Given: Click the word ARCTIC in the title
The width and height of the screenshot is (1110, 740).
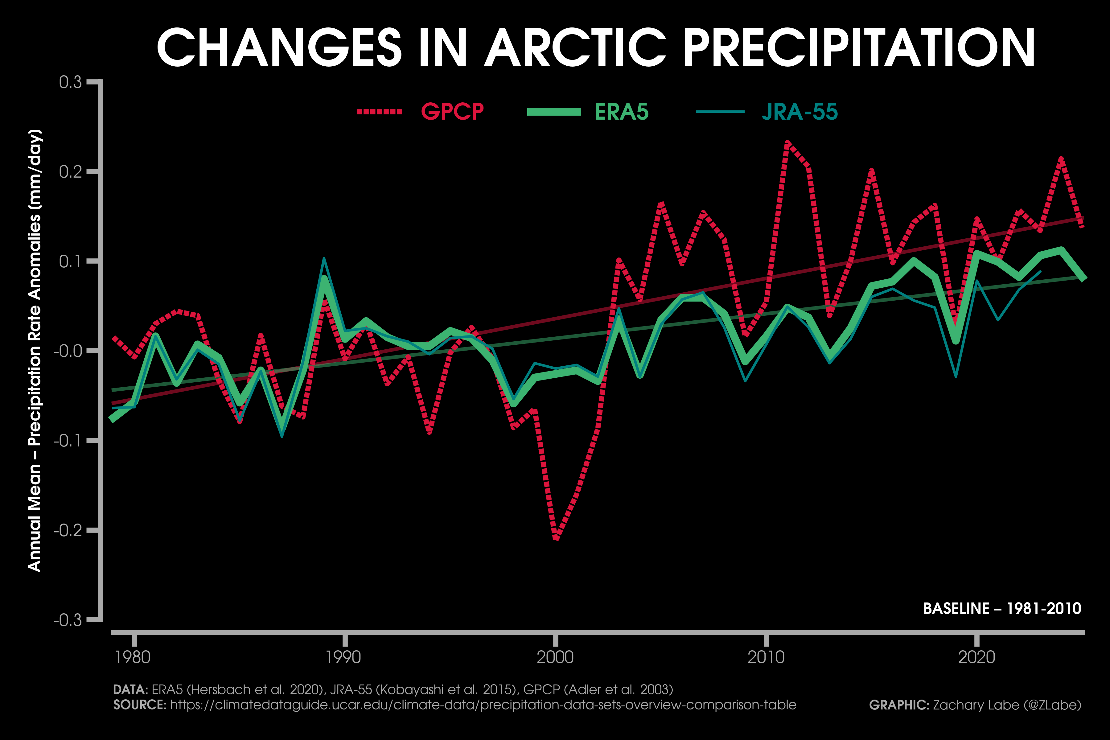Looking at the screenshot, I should pos(575,48).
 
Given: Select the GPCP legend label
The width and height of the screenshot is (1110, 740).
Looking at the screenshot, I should pos(452,112).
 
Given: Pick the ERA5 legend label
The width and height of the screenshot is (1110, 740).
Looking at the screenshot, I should pos(622,112).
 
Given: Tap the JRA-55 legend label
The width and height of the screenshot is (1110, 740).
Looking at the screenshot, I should pos(800,112).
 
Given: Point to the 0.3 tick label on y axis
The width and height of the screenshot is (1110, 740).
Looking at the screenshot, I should pos(70,83).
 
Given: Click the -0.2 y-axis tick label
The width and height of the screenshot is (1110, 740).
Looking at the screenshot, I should pos(68,530).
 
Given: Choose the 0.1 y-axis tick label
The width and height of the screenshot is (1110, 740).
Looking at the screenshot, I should pos(70,261).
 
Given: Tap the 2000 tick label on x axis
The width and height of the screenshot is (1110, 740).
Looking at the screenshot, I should pos(555,657).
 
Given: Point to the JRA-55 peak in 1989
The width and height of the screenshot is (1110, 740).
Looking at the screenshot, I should pos(324,259).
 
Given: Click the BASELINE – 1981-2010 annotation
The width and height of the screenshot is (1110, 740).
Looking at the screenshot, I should pos(1002,609).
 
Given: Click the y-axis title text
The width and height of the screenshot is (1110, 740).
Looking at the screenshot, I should pos(35,350).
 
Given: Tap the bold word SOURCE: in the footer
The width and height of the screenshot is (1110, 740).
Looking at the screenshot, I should pos(140,705).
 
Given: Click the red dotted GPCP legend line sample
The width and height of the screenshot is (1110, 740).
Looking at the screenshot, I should pos(380,112).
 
